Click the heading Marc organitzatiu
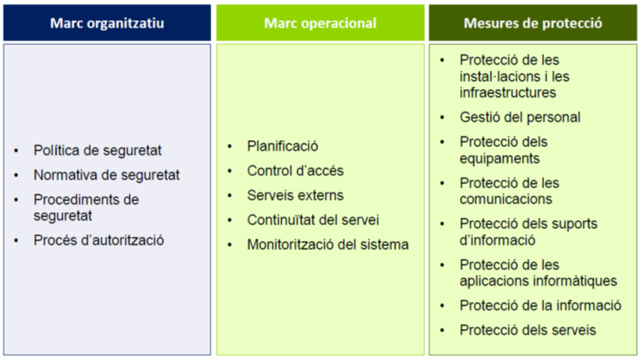click(107, 23)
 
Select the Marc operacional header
click(320, 23)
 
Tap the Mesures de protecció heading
click(533, 23)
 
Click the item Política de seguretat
click(98, 150)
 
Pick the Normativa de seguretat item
click(106, 175)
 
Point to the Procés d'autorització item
click(98, 241)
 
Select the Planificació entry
click(283, 146)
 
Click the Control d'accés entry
click(296, 171)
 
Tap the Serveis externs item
click(296, 196)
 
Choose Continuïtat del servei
click(313, 221)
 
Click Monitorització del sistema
click(327, 245)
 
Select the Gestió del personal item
click(520, 118)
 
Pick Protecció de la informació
click(540, 306)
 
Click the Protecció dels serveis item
click(528, 331)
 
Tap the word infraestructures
click(508, 93)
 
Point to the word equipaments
click(499, 159)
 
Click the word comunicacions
click(506, 199)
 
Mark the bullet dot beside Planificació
click(230, 146)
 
